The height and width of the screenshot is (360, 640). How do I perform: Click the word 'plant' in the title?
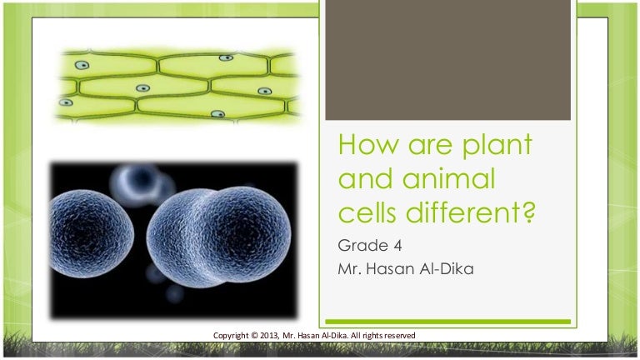497,146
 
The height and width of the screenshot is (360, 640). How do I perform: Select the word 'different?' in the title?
470,212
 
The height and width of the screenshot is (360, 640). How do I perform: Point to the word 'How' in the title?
367,144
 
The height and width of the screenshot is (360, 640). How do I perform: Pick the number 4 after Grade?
397,246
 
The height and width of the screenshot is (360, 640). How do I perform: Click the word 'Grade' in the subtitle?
362,246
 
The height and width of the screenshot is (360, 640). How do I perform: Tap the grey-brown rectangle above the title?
447,60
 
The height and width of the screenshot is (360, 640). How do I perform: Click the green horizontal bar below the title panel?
447,322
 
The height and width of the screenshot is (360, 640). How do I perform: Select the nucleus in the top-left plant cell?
82,65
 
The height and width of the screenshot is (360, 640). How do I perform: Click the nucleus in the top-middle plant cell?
226,58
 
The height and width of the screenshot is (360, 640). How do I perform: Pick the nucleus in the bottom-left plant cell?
66,102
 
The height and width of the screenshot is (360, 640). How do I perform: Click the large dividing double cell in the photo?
219,236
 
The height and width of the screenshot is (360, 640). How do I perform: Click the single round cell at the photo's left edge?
91,234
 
